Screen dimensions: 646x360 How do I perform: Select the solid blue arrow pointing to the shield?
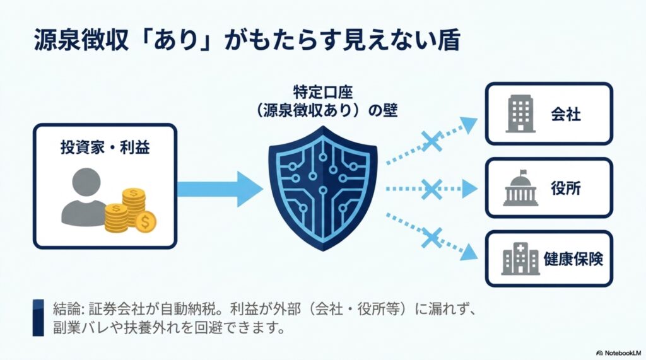coord(220,189)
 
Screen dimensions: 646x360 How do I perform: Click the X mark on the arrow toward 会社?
coord(432,142)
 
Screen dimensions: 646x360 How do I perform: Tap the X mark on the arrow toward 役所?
coord(432,189)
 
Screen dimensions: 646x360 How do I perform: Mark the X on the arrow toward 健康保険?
coord(432,238)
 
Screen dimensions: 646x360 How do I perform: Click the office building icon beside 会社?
coord(520,113)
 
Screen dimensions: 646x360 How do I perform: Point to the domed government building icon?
coord(520,188)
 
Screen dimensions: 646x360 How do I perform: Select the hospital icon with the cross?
coord(520,258)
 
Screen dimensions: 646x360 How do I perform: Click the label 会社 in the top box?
coord(566,114)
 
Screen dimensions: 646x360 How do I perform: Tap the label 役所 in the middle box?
coord(566,189)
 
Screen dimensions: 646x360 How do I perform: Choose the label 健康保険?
coord(573,259)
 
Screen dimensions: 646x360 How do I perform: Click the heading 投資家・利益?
coord(105,147)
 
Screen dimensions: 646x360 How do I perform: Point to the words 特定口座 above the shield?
coord(323,91)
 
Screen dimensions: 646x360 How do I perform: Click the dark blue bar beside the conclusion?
coord(38,318)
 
